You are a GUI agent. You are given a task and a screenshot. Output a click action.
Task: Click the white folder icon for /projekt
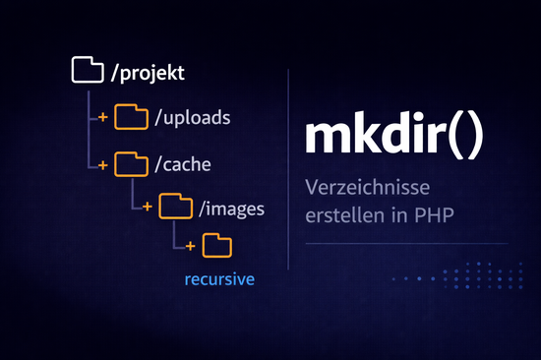[x=88, y=71]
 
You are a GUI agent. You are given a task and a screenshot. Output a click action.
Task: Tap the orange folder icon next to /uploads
[x=130, y=117]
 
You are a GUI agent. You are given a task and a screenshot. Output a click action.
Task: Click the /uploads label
[x=192, y=118]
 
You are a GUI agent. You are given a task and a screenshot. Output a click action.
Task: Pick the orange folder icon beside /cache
[x=130, y=162]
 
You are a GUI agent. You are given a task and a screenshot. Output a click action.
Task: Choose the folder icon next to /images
[x=174, y=207]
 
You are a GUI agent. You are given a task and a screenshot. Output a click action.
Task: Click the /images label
[x=230, y=208]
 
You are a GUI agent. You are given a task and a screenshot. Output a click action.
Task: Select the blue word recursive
[x=219, y=280]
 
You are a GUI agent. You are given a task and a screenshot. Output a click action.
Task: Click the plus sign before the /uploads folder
[x=102, y=118]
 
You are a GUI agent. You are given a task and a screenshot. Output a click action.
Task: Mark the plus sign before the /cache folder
[x=102, y=163]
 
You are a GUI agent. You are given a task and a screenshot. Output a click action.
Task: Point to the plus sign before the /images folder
[x=147, y=208]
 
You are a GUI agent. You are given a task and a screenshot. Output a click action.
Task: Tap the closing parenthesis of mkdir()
[x=475, y=138]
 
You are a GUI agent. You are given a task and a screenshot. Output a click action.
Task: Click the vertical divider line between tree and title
[x=288, y=167]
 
